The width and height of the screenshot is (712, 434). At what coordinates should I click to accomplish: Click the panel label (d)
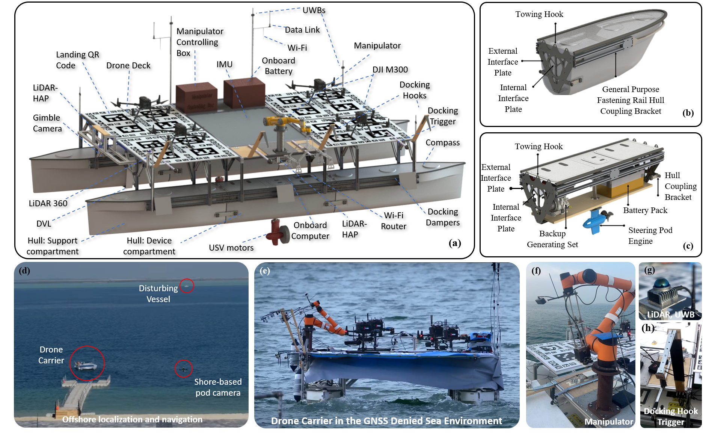pos(24,271)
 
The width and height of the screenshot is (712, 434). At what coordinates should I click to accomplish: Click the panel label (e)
pos(265,271)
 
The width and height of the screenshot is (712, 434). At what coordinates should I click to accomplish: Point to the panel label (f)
pos(536,271)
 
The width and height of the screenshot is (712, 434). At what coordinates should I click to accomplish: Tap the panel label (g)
pos(649,270)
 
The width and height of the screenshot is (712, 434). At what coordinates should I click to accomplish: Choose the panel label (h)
pos(648,328)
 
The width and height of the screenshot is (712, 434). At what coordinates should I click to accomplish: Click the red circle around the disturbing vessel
pos(187,286)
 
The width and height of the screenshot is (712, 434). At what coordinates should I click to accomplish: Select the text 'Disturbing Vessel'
pos(158,293)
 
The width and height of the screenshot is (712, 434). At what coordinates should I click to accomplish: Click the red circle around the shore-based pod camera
pos(184,369)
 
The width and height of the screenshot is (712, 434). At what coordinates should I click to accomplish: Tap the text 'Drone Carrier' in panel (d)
pos(51,355)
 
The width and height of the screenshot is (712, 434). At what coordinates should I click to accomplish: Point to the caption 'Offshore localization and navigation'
pos(132,419)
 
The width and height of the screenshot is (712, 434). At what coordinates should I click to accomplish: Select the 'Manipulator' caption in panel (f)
pos(609,422)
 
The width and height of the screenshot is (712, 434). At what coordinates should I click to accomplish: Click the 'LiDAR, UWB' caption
pos(671,314)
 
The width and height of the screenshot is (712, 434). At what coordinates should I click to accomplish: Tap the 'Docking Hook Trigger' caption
pos(671,416)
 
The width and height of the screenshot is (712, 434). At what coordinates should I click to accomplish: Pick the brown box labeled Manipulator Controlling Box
pos(196,97)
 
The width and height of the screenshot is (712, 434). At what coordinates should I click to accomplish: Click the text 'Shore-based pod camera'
pos(218,387)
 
